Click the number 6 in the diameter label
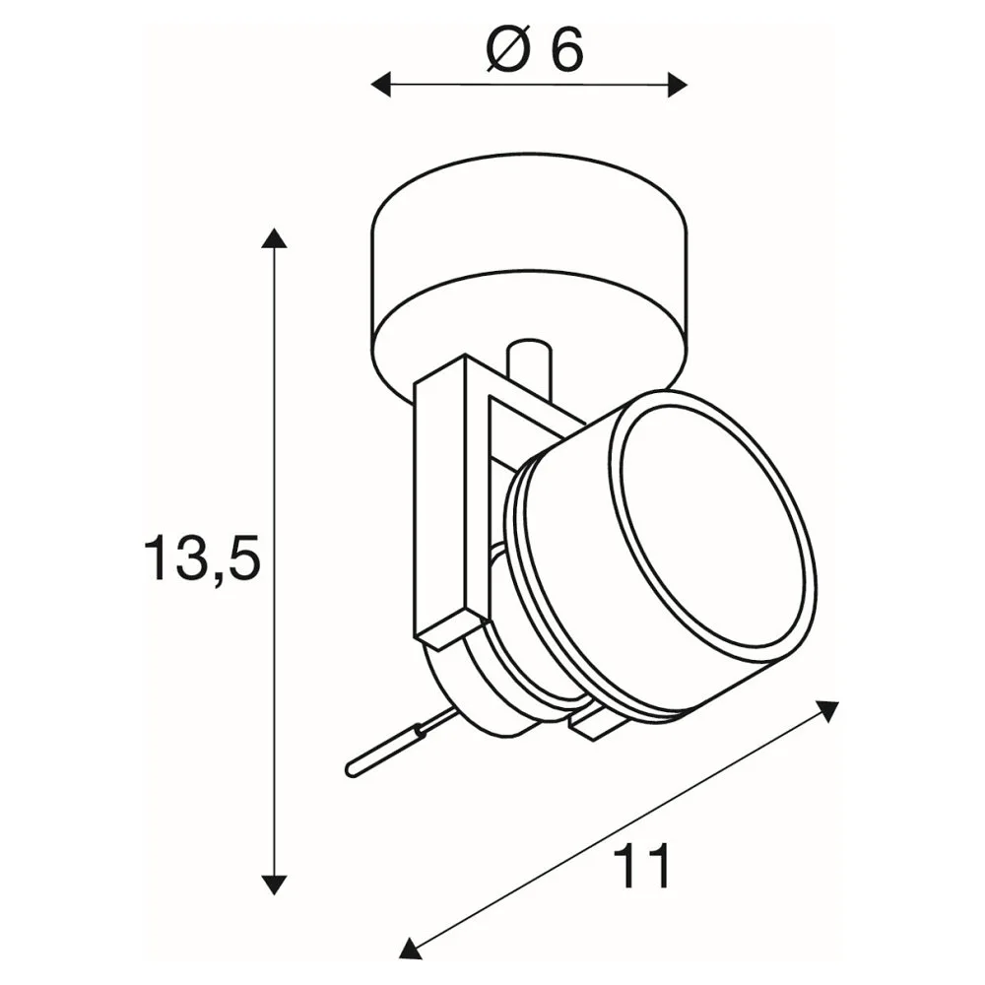(x=567, y=49)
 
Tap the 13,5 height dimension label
(x=201, y=558)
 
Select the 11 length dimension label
(x=644, y=866)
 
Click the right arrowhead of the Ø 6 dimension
(x=678, y=85)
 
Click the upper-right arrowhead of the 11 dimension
(x=826, y=710)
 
